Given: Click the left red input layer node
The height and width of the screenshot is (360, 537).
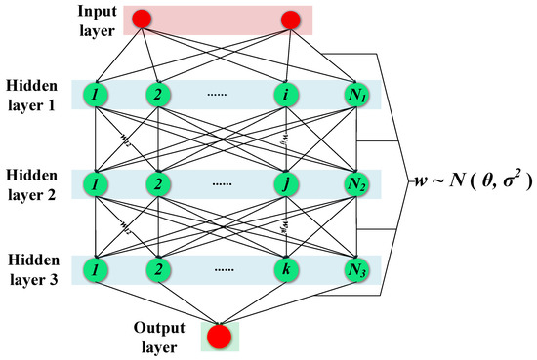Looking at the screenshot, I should click(143, 19).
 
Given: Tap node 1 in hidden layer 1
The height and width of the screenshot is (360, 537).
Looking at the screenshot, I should click(96, 95).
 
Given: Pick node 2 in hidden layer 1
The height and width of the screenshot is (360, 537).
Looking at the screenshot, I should click(157, 95).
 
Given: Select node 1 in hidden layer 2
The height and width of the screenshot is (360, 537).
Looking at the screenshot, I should click(96, 183).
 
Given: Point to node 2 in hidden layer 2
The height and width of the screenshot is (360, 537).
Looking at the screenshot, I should click(157, 183).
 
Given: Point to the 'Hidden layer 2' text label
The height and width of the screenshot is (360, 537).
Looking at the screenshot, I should click(36, 182).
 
